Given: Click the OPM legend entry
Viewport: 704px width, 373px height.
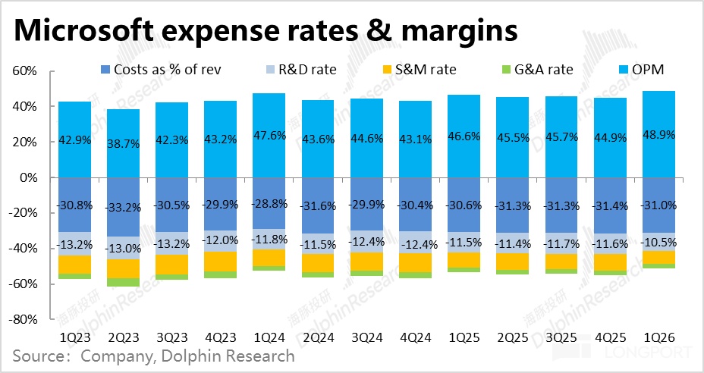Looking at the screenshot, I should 642,71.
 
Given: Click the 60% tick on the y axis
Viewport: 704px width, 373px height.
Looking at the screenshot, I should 26,71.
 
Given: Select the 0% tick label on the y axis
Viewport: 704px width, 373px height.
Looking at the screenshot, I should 30,177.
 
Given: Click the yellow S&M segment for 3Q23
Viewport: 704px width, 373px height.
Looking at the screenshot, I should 171,264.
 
